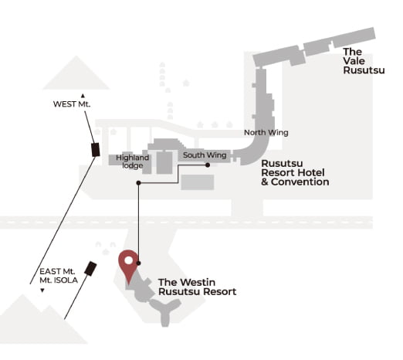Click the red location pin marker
128,265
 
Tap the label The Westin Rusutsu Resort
197,287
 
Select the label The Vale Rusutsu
364,61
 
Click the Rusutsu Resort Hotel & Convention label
295,172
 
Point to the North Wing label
266,132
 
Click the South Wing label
205,155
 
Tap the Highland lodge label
132,161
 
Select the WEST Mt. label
72,104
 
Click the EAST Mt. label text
57,271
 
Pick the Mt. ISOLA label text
59,280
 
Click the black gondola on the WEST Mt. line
96,150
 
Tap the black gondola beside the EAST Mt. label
90,269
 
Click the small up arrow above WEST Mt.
83,96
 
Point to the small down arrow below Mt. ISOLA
42,290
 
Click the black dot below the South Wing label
208,165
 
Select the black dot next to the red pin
138,263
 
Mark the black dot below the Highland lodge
138,183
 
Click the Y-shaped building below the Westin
165,312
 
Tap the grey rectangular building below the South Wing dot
198,182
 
